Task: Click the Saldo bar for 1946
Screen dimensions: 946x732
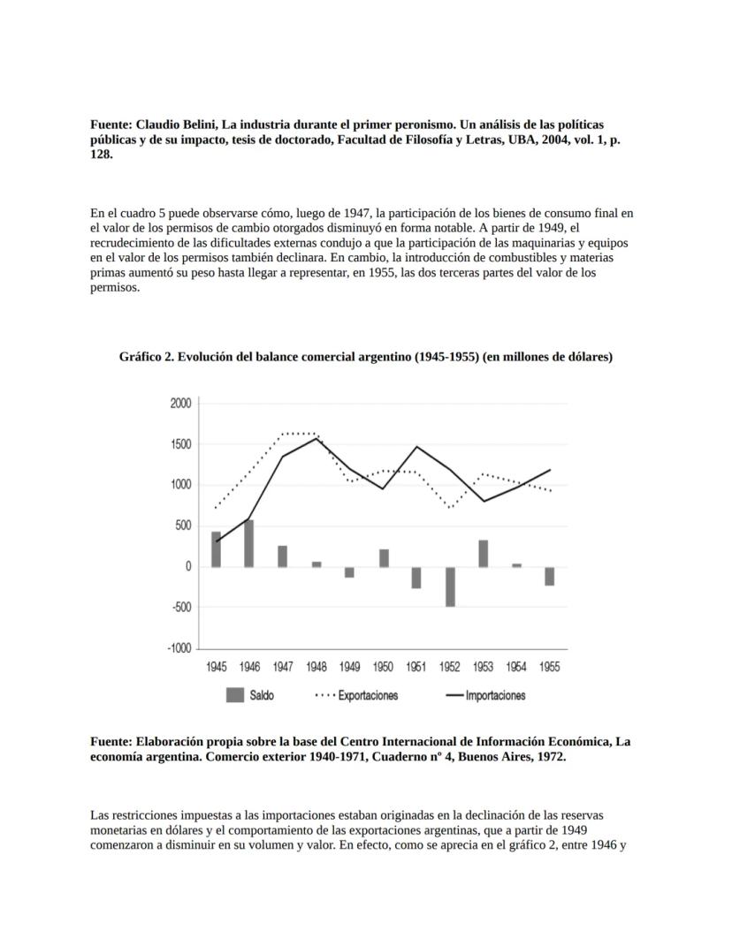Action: click(249, 543)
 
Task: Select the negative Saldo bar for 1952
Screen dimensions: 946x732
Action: click(450, 587)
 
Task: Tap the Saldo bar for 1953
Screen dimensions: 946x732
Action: click(484, 553)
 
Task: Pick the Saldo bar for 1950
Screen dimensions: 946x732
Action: click(384, 557)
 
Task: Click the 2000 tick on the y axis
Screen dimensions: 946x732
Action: click(179, 404)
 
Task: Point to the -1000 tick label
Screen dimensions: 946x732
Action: click(179, 648)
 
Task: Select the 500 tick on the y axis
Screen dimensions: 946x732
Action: click(182, 526)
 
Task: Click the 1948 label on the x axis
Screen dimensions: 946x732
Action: click(316, 668)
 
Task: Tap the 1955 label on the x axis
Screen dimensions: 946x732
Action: click(550, 668)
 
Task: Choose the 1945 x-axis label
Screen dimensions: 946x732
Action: click(217, 668)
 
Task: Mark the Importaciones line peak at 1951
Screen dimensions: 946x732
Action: click(416, 447)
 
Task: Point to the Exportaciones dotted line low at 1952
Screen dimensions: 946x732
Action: click(450, 508)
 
